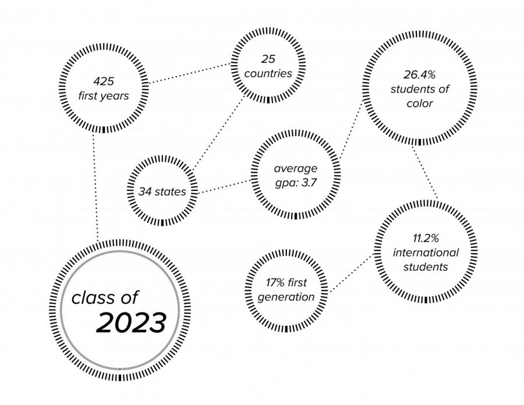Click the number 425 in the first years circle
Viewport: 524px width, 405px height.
coord(104,81)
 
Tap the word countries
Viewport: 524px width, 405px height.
coord(268,73)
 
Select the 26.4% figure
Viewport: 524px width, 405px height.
coord(419,75)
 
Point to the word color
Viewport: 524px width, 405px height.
coord(420,104)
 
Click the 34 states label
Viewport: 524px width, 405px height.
coord(162,191)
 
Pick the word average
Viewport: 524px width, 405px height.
coord(296,168)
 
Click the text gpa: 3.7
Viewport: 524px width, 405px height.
coord(296,183)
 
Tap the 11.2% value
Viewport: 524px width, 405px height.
coord(426,239)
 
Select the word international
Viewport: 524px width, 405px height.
coord(426,253)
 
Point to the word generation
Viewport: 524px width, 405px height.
coord(286,297)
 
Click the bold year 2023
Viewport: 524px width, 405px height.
coord(131,323)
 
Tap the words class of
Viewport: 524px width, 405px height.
coord(105,297)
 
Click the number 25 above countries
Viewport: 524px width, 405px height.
coord(268,59)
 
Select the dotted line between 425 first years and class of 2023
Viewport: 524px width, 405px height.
coord(95,187)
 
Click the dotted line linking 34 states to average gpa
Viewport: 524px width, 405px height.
coord(224,187)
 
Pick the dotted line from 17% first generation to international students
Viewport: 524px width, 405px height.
coord(351,273)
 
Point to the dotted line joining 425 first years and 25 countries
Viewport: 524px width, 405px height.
coord(189,73)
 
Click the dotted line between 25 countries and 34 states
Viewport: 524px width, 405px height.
coord(219,132)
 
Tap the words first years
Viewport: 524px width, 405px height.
coord(104,96)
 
